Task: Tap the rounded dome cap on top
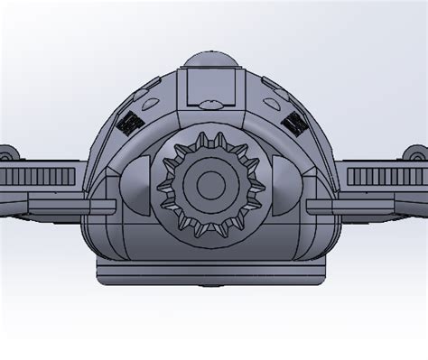click(211, 60)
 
